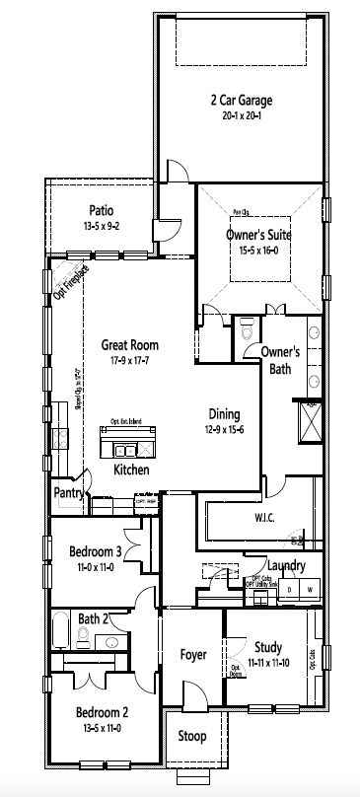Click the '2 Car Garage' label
coord(241,101)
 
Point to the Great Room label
coord(130,345)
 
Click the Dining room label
coord(225,414)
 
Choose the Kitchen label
coord(131,470)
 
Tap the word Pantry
coord(69,490)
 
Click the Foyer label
coord(192,655)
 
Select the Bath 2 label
coord(93,618)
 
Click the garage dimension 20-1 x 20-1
coord(241,115)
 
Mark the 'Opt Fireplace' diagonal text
coord(72,282)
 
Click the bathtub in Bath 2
coord(61,629)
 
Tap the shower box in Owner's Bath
coord(311,423)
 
